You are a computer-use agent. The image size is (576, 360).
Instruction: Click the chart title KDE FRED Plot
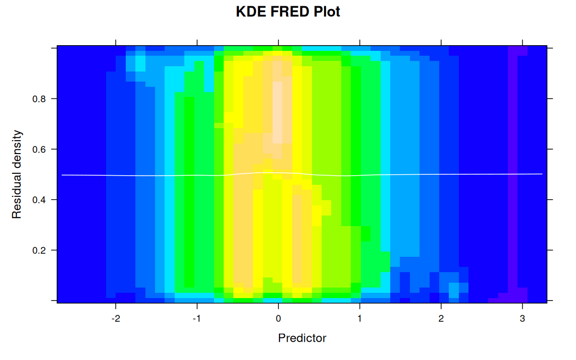288,12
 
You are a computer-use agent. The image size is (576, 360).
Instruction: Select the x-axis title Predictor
302,338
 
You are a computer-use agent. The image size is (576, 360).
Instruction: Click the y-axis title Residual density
17,174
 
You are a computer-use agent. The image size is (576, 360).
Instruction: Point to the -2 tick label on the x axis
115,318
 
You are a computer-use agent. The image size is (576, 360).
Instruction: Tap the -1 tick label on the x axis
196,318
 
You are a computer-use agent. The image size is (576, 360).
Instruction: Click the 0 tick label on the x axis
278,318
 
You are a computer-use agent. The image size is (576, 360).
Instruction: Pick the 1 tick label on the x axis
360,318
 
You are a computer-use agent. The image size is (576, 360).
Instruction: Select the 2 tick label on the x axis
441,318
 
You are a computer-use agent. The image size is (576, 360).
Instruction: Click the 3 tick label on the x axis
522,318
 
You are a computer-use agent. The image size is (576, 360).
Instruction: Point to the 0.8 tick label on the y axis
38,99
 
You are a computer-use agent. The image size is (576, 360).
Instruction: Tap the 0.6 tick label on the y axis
38,149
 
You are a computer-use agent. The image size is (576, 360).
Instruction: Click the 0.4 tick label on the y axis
38,200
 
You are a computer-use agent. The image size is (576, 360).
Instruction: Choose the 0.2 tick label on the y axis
38,250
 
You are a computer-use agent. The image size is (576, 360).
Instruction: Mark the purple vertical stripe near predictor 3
513,168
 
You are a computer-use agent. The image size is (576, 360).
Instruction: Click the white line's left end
62,175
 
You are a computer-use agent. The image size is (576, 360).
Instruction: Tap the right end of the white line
542,174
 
